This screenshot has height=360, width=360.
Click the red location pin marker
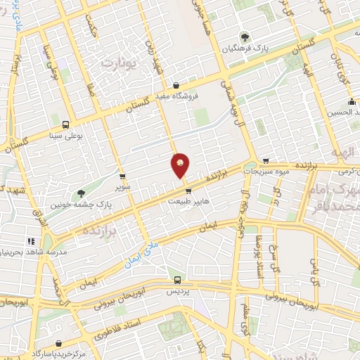(x=181, y=165)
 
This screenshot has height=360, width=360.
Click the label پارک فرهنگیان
(x=244, y=49)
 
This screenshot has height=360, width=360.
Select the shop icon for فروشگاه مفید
(x=185, y=86)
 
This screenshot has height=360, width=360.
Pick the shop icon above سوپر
(x=123, y=176)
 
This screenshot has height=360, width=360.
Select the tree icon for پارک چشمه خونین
(x=82, y=192)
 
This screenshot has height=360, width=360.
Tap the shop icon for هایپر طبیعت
(x=188, y=189)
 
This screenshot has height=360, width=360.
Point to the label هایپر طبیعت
(x=188, y=200)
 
